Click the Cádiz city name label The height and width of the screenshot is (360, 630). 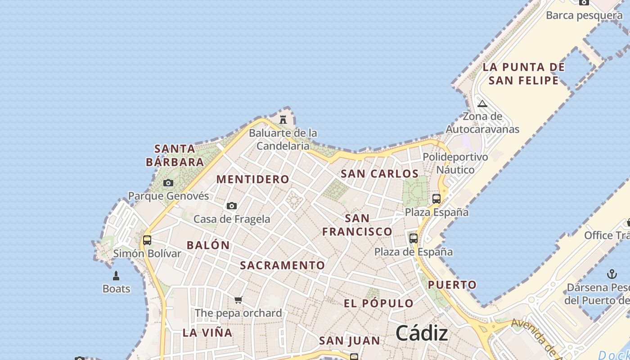coord(422,333)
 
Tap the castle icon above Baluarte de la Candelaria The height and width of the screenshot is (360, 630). coord(283,120)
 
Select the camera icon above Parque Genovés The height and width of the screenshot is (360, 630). coord(168,183)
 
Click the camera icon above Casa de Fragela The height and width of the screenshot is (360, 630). coord(232,206)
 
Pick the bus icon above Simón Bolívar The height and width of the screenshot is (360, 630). coord(147,240)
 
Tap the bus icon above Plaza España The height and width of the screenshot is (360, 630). coord(436,198)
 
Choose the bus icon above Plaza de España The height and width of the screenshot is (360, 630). coord(414,238)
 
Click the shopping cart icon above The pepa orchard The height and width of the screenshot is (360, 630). coord(238,300)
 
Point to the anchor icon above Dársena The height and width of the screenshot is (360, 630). coord(612,274)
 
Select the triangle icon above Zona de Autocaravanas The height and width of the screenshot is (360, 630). coord(482,103)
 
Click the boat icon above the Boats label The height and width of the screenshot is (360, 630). coord(116,275)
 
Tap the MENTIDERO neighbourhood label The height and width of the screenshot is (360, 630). coord(253,179)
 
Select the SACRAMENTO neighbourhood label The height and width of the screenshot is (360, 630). coord(282,265)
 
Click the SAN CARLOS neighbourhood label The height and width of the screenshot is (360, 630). coord(380,174)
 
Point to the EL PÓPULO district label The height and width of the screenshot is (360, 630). coord(378,303)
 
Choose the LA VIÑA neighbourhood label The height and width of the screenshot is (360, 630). coord(207,333)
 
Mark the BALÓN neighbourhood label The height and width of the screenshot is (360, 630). coord(208,245)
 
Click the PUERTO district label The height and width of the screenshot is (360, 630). coord(452,285)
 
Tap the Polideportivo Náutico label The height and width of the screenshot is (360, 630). coord(455,163)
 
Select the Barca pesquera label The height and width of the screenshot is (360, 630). coord(584,15)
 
